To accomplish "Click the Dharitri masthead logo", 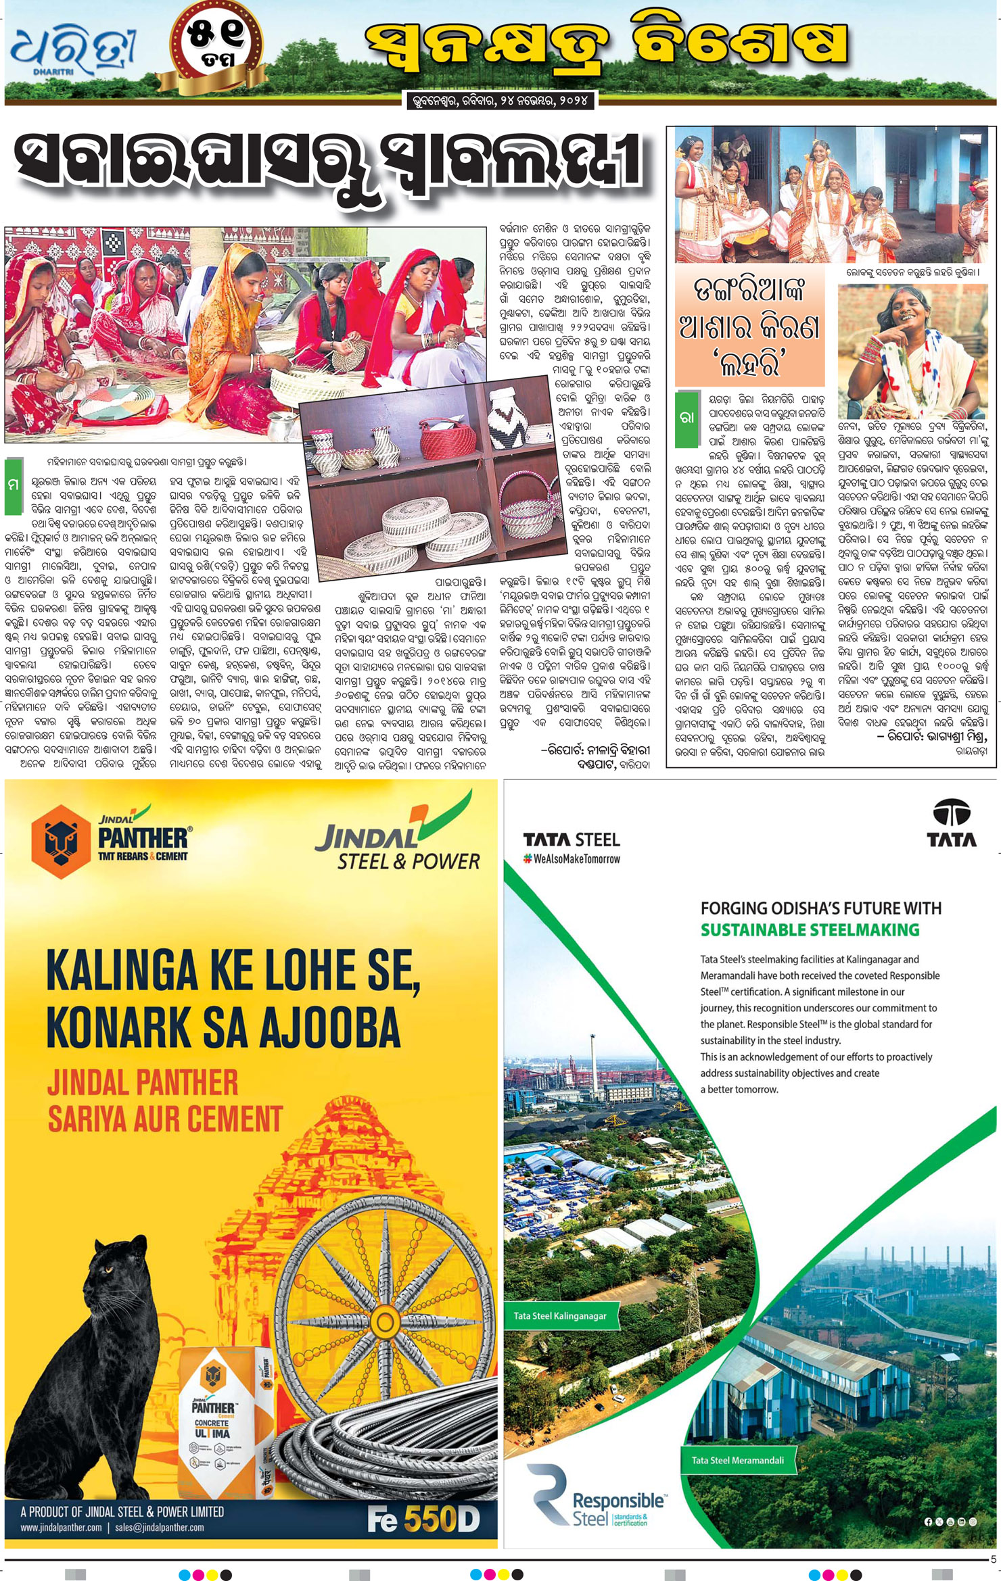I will tap(73, 51).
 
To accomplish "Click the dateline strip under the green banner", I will tap(500, 101).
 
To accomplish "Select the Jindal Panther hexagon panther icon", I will tap(61, 841).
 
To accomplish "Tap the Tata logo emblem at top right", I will tap(951, 823).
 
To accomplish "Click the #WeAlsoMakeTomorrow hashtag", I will tap(572, 859).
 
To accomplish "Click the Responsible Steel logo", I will tap(595, 1505).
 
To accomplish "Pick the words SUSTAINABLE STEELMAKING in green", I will tap(810, 929).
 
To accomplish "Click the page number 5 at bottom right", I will tap(993, 1559).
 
